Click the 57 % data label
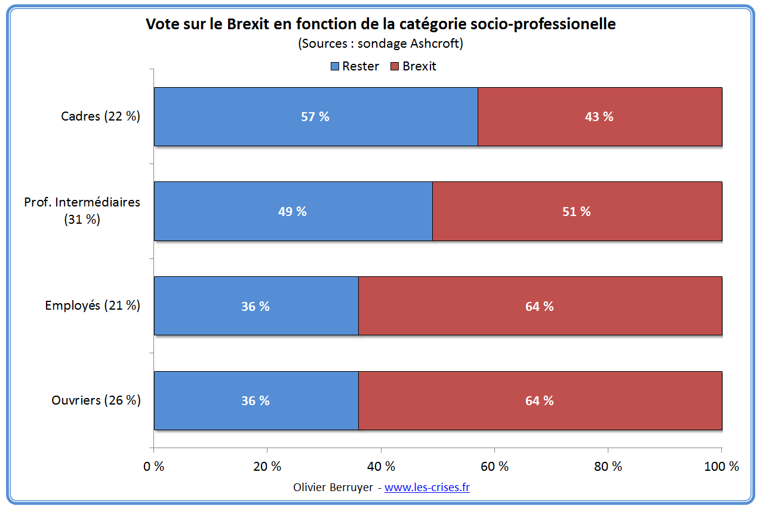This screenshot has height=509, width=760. [315, 117]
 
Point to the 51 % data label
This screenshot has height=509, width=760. [577, 211]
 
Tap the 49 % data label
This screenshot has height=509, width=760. [293, 211]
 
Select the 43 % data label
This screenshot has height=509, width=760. [599, 117]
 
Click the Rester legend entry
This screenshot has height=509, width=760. [355, 66]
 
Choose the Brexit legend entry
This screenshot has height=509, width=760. [414, 66]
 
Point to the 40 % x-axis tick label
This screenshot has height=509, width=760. [381, 467]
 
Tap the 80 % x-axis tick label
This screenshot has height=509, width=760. [608, 467]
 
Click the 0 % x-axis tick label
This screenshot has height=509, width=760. [154, 467]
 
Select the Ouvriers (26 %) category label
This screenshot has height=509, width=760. [96, 400]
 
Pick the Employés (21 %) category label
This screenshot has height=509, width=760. [93, 306]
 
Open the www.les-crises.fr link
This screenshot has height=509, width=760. [427, 487]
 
